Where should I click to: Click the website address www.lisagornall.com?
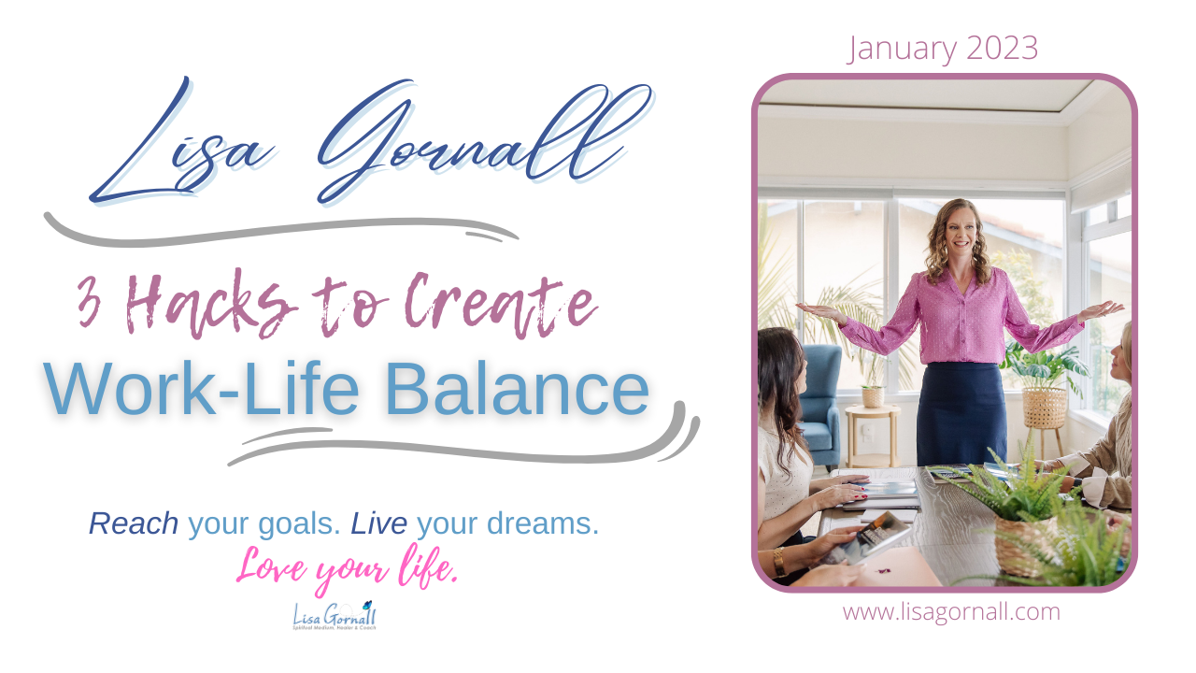[x=951, y=612]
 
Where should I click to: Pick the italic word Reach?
[x=134, y=524]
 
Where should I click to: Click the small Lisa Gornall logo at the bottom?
[x=334, y=615]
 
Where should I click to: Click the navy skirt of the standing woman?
[x=961, y=411]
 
